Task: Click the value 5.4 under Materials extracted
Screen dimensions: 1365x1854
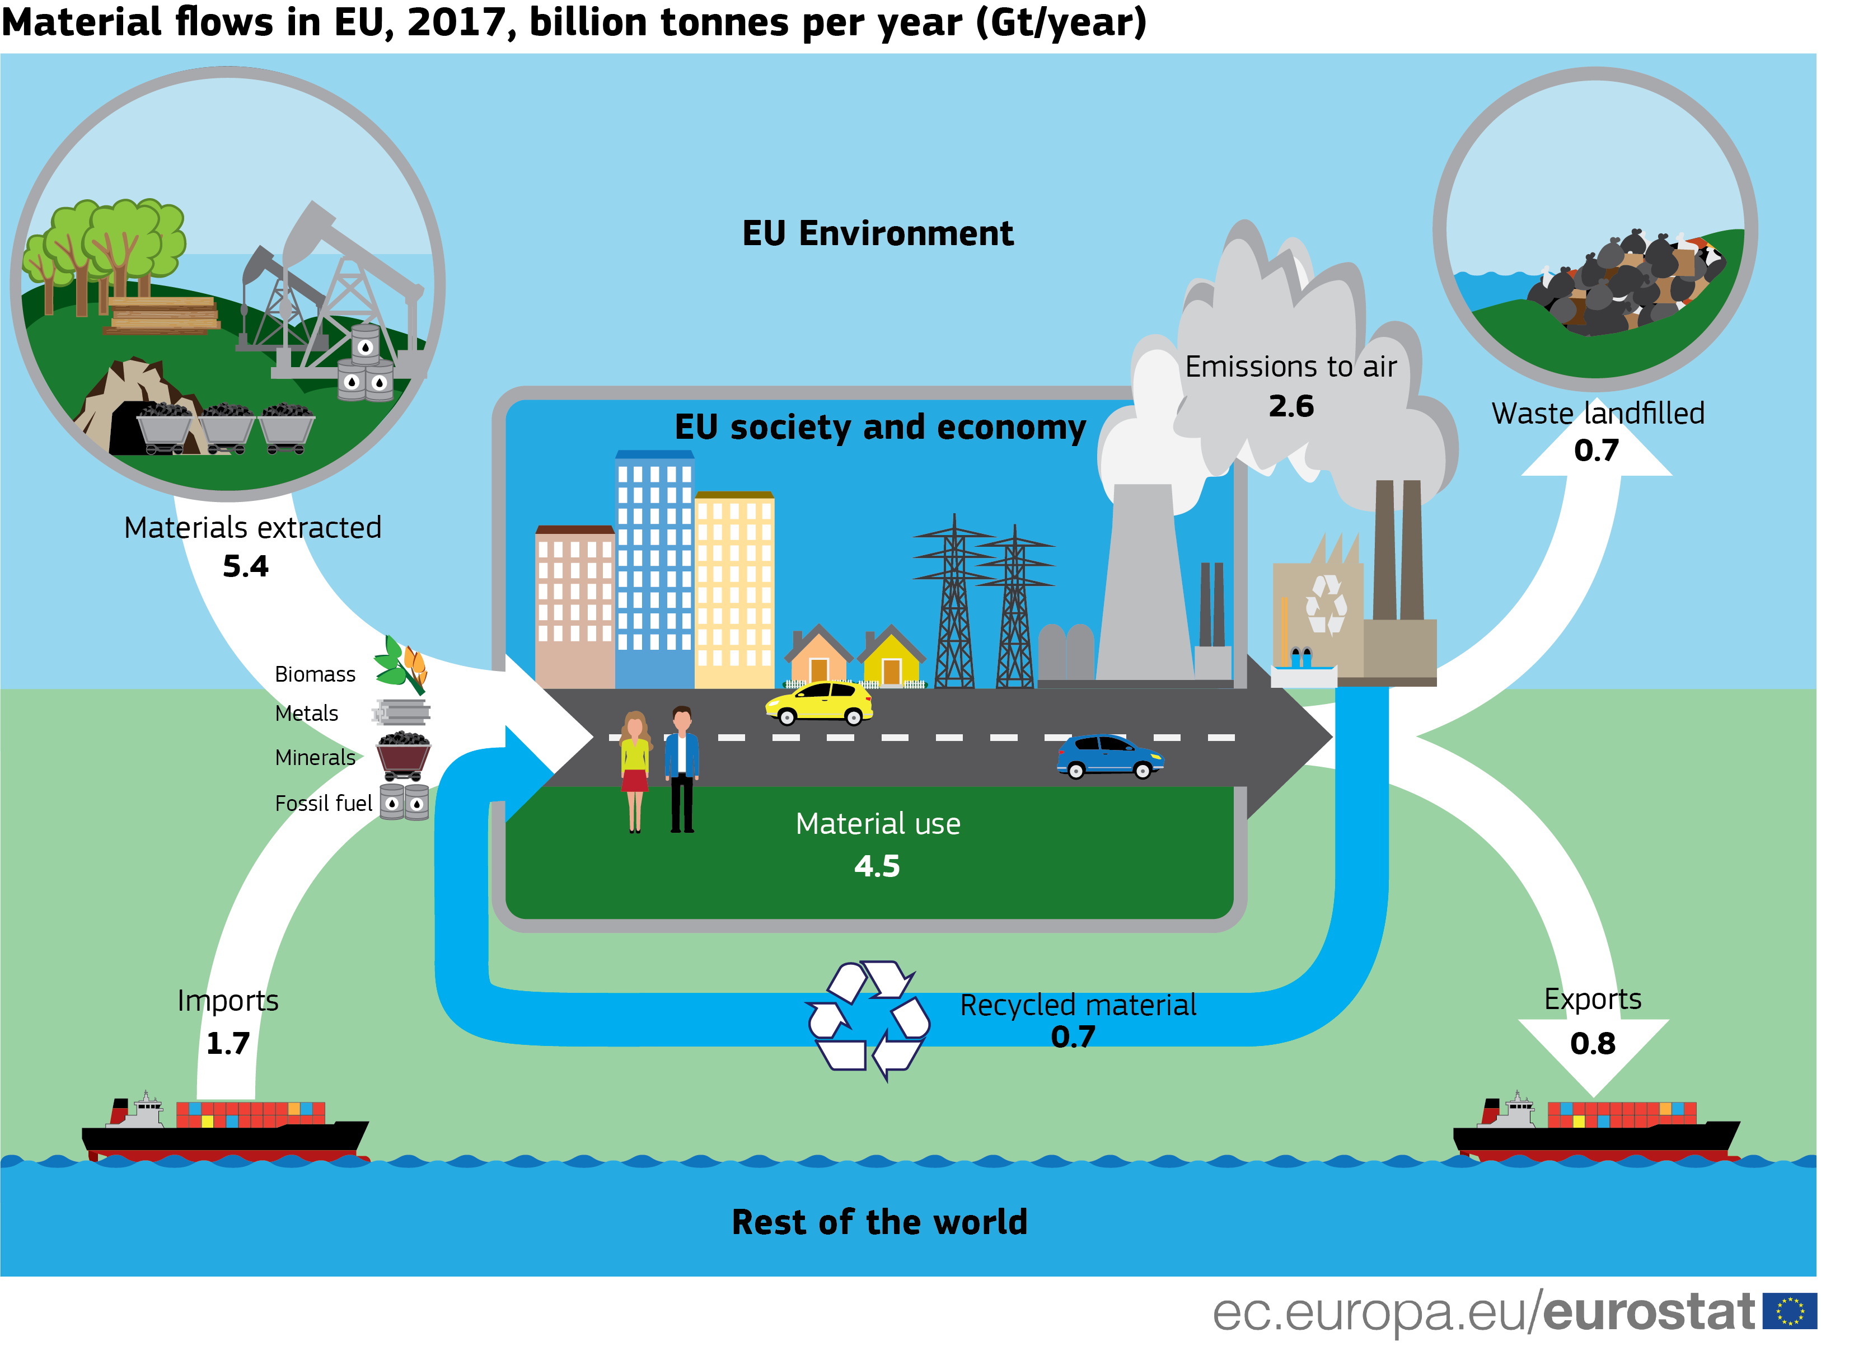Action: (x=246, y=567)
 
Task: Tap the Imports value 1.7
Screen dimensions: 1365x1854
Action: (x=227, y=1044)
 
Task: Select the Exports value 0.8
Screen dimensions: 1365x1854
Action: (x=1592, y=1044)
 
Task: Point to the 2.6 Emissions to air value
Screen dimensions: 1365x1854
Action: (x=1290, y=406)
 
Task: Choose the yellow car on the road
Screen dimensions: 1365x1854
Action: (x=818, y=702)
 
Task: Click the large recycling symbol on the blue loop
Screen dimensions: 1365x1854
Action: (x=868, y=1020)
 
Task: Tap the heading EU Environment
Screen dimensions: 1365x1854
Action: (x=877, y=234)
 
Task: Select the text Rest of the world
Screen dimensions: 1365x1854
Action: (x=879, y=1222)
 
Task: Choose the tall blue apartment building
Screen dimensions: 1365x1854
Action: (x=654, y=570)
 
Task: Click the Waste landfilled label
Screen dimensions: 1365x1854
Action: (x=1597, y=413)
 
